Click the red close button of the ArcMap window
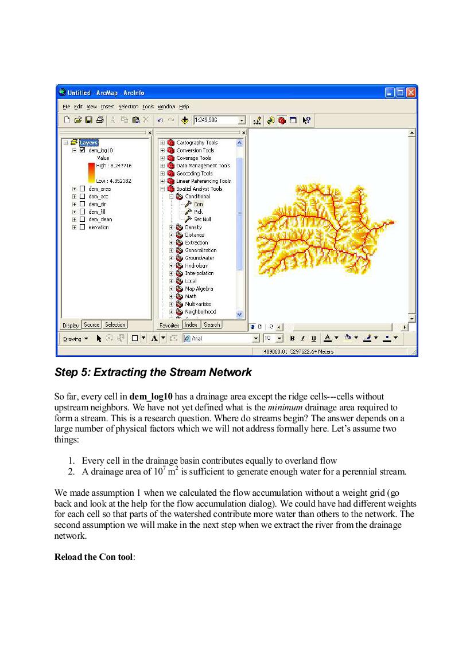tap(411, 92)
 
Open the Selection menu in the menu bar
tap(128, 107)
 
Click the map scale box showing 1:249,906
tap(216, 120)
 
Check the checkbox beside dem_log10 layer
tap(82, 150)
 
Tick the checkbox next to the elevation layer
tap(82, 227)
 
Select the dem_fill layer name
tap(97, 211)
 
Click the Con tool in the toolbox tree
tap(198, 204)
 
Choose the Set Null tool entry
tap(203, 220)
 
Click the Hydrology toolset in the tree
tap(196, 266)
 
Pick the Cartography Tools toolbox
tap(197, 142)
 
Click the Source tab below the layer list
tap(92, 325)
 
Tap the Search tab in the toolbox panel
tap(212, 325)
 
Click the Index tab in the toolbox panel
tap(191, 325)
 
